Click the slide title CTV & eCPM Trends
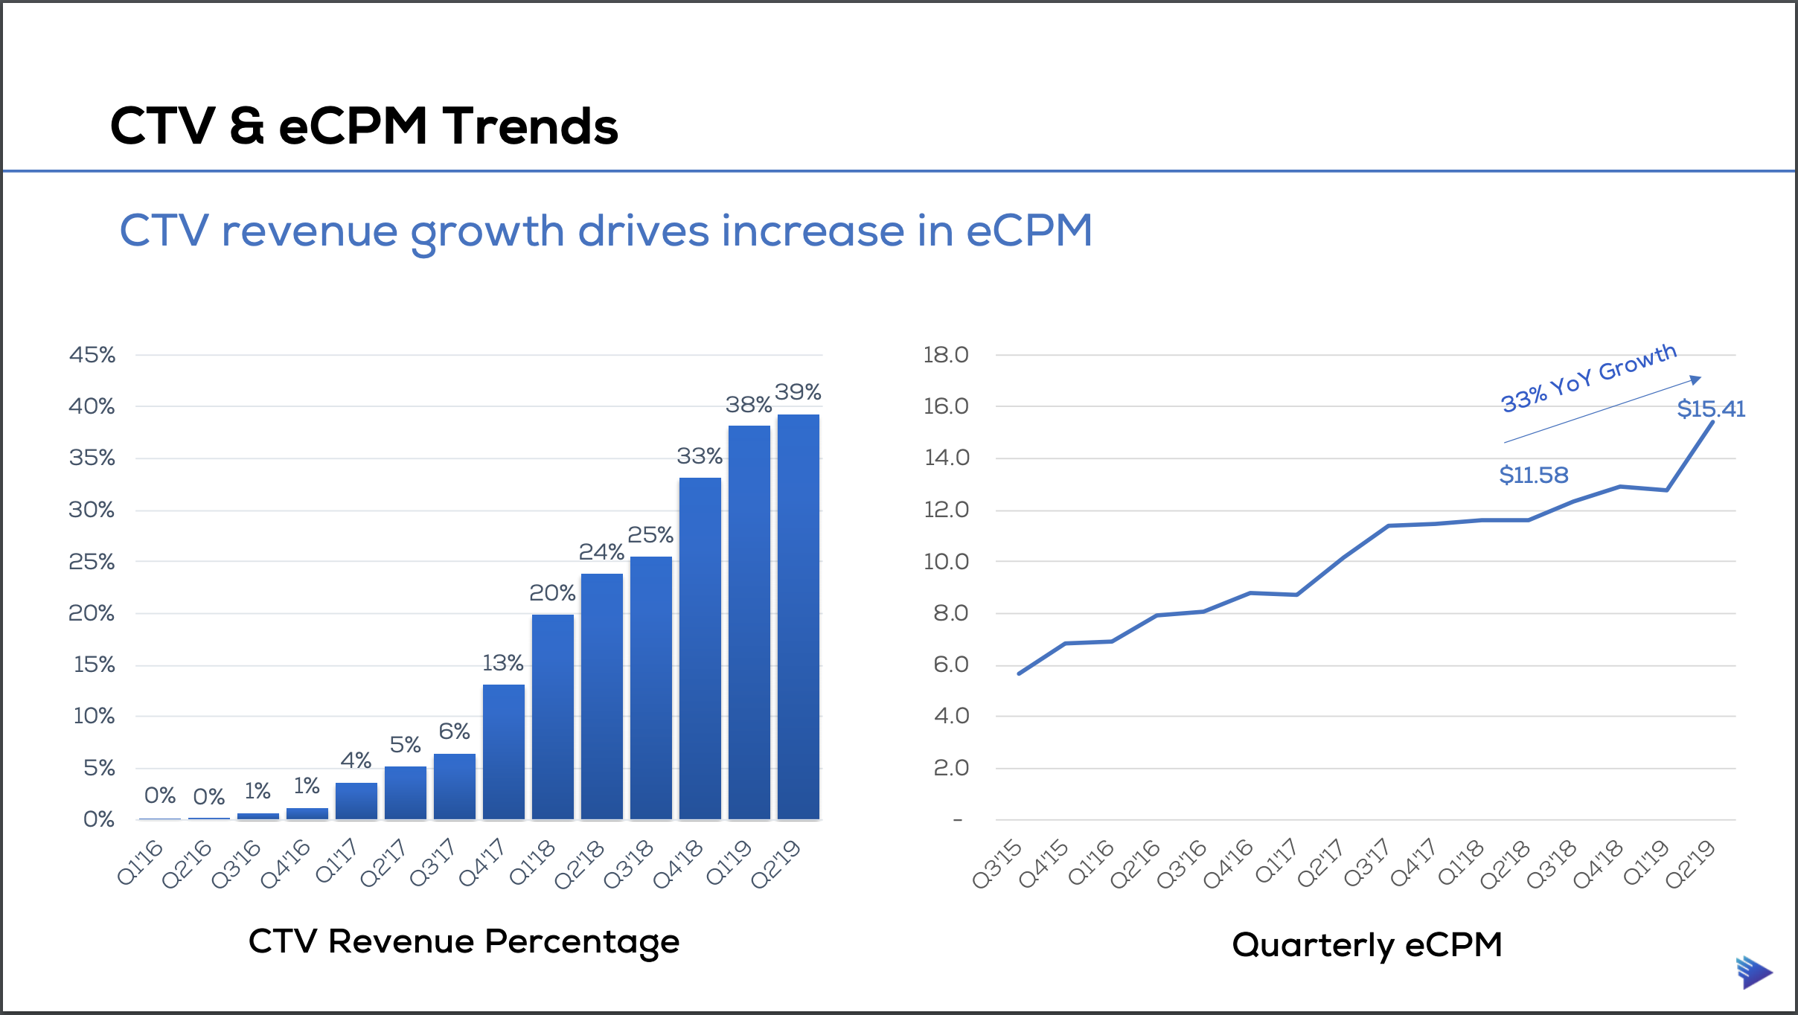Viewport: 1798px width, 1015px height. [364, 126]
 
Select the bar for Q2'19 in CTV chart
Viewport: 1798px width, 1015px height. [798, 618]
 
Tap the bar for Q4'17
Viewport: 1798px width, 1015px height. [503, 752]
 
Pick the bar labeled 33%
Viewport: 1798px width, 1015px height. [700, 647]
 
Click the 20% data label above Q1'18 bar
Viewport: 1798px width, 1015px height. [551, 593]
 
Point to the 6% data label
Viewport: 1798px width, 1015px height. [454, 731]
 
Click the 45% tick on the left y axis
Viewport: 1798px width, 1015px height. [92, 355]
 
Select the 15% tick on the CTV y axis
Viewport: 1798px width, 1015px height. [94, 665]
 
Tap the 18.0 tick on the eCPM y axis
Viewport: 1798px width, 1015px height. [946, 355]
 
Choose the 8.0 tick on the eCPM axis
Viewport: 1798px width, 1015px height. [950, 613]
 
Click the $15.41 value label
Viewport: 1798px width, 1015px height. [1710, 409]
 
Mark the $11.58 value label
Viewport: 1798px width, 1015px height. [1533, 475]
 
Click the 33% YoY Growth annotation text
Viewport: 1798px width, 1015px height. [1588, 378]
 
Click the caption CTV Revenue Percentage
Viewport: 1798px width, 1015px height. [464, 941]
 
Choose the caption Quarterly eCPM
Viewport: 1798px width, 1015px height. [1366, 945]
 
